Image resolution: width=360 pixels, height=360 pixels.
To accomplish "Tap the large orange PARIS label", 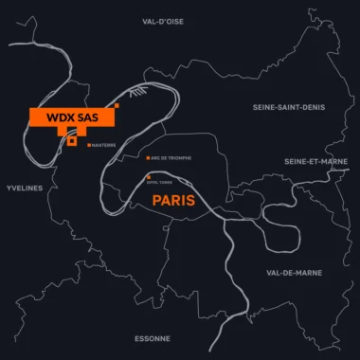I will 173,201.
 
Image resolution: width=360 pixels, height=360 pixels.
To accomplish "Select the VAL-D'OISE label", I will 164,20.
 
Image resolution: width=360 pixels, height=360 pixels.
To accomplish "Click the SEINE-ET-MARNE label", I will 315,161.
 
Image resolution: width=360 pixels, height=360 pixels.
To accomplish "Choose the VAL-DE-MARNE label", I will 293,272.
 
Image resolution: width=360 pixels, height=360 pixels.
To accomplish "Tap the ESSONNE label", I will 152,338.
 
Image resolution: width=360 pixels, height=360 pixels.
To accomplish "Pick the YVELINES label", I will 24,189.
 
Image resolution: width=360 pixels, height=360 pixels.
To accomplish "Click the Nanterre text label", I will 104,145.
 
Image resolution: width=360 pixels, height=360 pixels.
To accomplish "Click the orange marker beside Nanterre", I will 89,145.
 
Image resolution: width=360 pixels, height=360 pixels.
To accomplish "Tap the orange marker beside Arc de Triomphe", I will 147,157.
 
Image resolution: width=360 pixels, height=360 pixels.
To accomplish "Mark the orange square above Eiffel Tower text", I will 148,176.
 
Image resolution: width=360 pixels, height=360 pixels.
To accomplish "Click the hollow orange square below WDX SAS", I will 72,141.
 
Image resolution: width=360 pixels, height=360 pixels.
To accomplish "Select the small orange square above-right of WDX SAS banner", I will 117,104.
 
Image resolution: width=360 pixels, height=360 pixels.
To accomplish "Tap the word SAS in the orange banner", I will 87,117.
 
